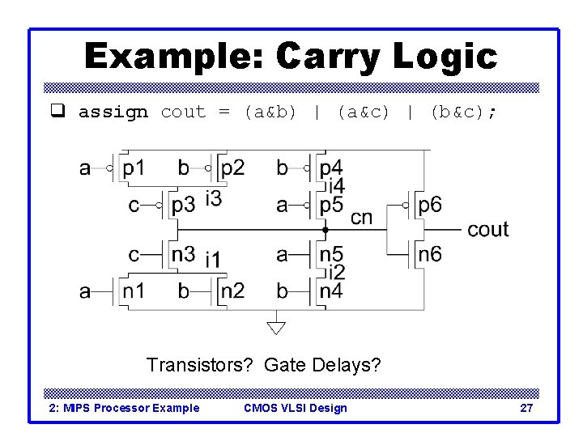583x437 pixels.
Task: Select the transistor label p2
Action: click(x=232, y=169)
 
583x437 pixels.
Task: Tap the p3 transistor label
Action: click(x=184, y=206)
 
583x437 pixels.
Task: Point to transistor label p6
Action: click(x=430, y=206)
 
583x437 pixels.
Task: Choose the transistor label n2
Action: click(x=232, y=290)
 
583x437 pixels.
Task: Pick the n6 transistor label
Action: click(x=430, y=254)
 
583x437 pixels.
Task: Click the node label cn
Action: click(x=361, y=217)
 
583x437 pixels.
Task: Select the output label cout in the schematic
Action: click(x=488, y=230)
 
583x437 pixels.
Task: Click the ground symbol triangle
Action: click(x=276, y=327)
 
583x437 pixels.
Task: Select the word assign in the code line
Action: click(x=113, y=112)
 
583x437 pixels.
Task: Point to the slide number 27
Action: click(x=526, y=408)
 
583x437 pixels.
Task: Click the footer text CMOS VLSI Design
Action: click(x=295, y=408)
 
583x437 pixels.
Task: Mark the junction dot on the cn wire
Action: click(x=325, y=230)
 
